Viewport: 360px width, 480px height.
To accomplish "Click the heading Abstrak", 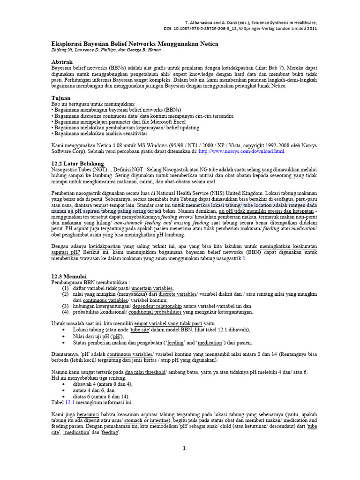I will pos(62,62).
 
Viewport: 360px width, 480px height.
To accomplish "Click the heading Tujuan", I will pos(60,97).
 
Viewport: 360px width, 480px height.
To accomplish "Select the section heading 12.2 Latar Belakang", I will pos(77,163).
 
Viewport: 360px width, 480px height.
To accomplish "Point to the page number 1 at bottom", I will pos(184,449).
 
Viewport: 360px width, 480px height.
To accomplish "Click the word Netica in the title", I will pos(206,44).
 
